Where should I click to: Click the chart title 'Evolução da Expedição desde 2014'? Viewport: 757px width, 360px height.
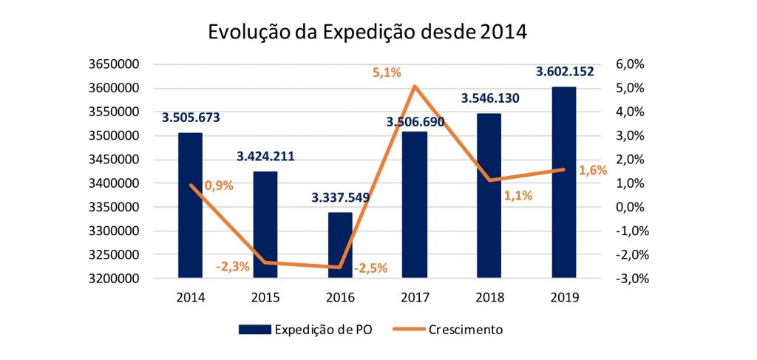[x=368, y=33]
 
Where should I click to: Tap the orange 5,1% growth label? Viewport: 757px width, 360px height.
[x=387, y=72]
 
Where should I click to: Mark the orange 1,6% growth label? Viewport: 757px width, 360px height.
[x=593, y=170]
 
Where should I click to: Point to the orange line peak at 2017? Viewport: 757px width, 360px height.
[x=415, y=86]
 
